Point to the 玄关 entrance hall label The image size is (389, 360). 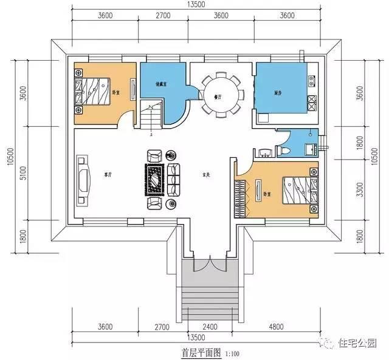[206, 176]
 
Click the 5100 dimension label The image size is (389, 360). [23, 173]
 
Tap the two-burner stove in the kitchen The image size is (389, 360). [311, 103]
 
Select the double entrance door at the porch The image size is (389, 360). [208, 265]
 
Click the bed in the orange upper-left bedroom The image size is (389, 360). [94, 92]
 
